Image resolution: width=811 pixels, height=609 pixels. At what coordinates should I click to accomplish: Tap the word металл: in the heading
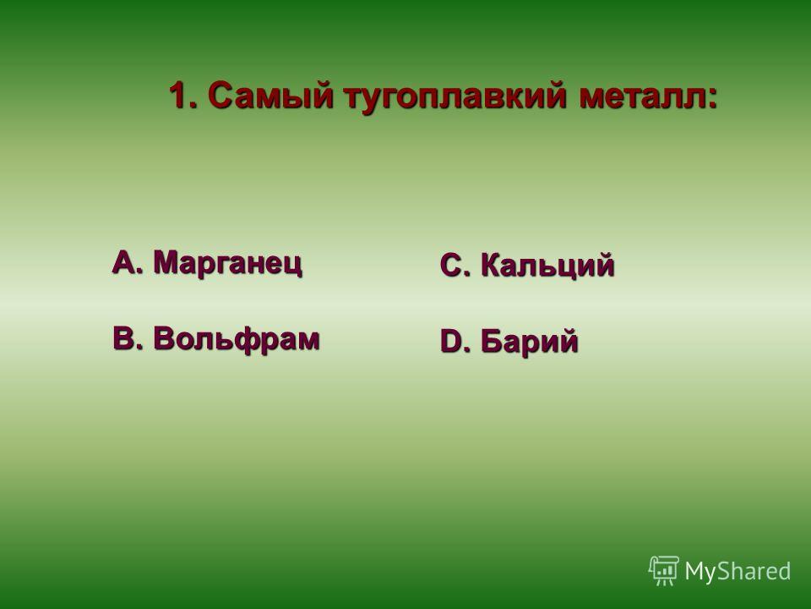[x=649, y=96]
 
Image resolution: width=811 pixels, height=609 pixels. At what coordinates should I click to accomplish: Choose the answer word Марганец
[x=227, y=263]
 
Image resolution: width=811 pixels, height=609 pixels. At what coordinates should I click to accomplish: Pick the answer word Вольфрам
[x=237, y=340]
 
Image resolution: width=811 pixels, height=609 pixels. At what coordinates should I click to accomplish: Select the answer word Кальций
[x=547, y=266]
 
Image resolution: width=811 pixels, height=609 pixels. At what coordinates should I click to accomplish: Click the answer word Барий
[x=529, y=342]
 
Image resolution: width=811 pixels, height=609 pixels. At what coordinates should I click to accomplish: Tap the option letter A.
[x=125, y=261]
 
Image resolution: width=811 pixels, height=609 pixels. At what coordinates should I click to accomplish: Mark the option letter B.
[x=125, y=338]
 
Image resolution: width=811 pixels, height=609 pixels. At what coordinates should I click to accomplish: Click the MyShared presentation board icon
[x=664, y=570]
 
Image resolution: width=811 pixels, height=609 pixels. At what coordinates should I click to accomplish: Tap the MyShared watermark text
[x=738, y=571]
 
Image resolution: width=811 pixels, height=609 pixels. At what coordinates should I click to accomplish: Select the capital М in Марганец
[x=166, y=261]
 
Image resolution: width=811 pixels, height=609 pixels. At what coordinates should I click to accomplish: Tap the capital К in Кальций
[x=492, y=265]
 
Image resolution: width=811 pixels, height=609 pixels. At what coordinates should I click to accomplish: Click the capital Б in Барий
[x=492, y=341]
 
